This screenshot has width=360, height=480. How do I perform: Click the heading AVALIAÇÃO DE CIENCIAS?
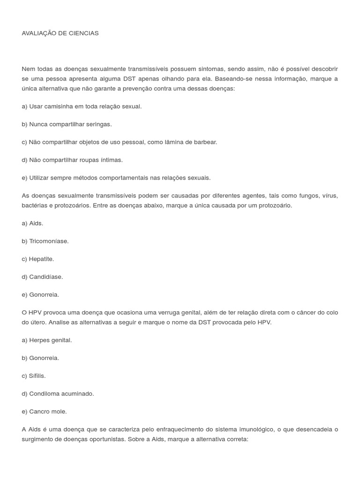[x=60, y=33]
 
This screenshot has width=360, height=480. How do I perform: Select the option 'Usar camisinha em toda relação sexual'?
[x=82, y=106]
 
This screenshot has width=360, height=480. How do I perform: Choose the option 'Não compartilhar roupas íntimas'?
[x=72, y=160]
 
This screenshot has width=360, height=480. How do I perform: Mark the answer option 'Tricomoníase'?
[x=45, y=241]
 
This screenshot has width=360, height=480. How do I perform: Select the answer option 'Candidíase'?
[x=42, y=277]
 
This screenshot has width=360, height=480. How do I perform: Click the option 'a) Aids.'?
[x=32, y=223]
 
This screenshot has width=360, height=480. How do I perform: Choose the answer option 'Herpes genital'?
[x=47, y=340]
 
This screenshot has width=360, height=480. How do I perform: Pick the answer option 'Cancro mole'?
[x=44, y=411]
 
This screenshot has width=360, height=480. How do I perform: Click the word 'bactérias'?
[x=34, y=205]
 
